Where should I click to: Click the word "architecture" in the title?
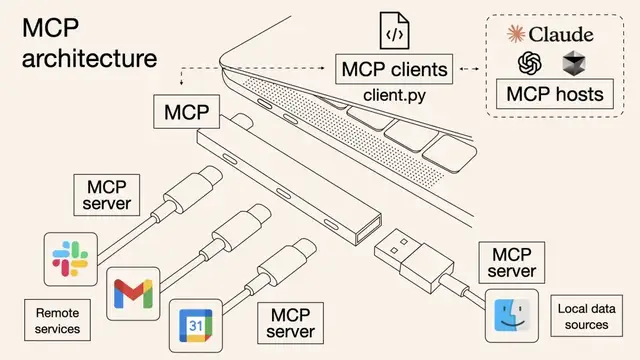point(89,58)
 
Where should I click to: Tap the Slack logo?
point(71,258)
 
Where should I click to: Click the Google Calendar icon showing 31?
point(196,324)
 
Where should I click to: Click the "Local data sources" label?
point(589,317)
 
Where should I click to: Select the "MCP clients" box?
point(392,71)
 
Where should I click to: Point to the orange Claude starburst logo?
point(516,35)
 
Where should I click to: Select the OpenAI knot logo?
point(529,63)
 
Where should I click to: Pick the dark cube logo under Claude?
point(574,63)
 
